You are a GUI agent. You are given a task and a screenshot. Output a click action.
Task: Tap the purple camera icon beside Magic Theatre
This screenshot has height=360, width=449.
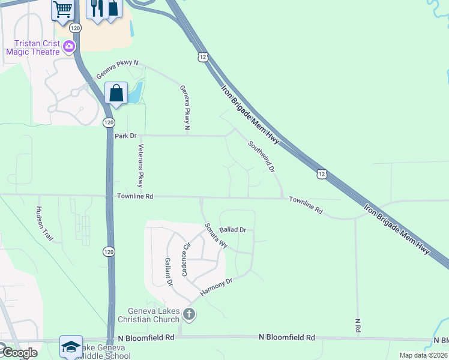(x=70, y=46)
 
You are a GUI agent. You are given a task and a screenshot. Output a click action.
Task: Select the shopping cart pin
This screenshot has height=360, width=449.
(x=62, y=10)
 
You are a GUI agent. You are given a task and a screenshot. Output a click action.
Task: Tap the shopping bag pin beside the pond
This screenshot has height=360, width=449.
(x=116, y=94)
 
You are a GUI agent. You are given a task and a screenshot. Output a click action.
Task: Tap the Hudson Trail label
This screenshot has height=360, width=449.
(x=44, y=223)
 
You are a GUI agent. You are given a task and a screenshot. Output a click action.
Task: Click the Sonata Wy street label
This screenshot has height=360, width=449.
(x=217, y=236)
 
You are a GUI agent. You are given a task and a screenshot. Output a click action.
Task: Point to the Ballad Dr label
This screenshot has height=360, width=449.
(x=233, y=230)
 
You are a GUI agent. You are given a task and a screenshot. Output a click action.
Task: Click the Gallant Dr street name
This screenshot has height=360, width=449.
(x=168, y=272)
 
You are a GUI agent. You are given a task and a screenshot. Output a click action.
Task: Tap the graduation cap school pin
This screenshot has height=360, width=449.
(x=71, y=346)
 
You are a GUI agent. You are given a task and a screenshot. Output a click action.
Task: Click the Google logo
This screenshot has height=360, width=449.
(x=19, y=353)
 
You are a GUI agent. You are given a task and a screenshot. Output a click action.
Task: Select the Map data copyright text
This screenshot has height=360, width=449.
(x=424, y=355)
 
